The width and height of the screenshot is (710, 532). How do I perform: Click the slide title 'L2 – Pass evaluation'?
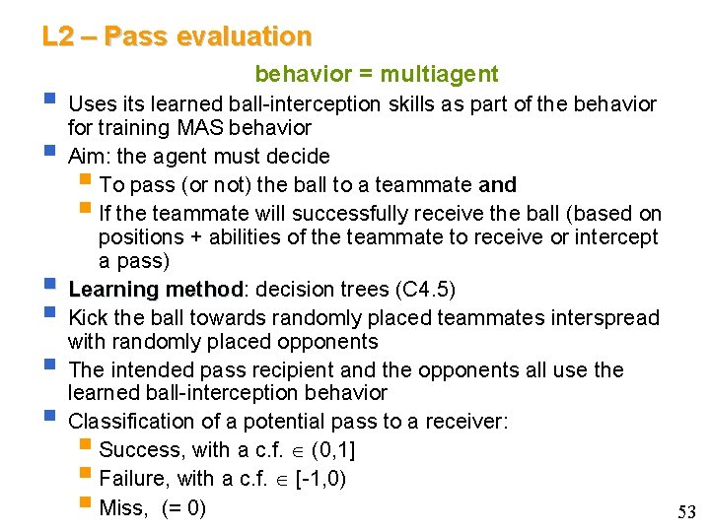click(177, 37)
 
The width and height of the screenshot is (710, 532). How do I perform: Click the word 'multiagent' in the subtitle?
click(440, 74)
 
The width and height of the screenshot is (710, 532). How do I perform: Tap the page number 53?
click(686, 511)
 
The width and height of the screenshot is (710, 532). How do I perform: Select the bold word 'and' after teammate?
click(497, 185)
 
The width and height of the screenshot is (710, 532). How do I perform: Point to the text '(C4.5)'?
click(425, 290)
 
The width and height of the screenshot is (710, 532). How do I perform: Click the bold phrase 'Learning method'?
click(155, 290)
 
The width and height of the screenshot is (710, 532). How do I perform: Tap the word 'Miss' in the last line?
click(121, 508)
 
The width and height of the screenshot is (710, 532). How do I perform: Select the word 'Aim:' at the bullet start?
click(90, 156)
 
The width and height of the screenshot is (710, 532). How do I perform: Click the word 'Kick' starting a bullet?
click(88, 317)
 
